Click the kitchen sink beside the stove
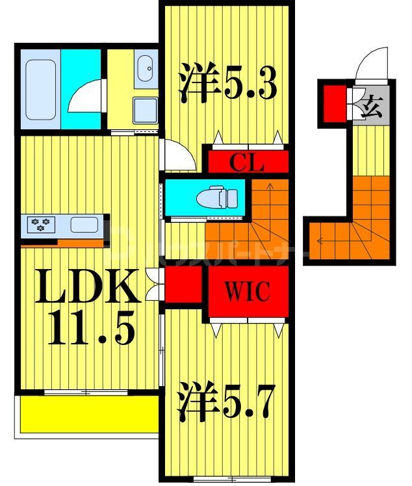click(84, 225)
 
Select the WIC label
click(248, 292)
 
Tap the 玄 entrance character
click(371, 104)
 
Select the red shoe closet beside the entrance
click(334, 102)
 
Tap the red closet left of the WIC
click(183, 286)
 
